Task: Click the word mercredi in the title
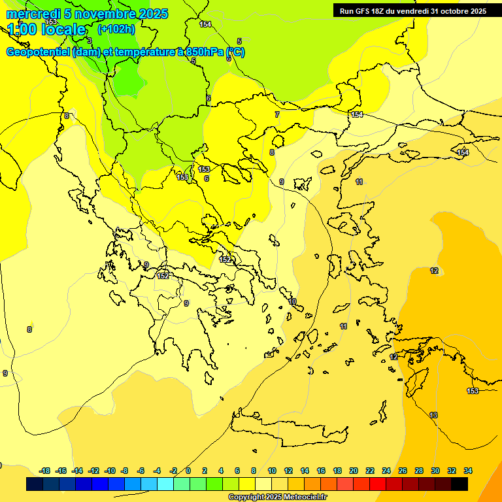click(32, 14)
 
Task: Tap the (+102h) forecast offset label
click(116, 29)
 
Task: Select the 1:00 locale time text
click(46, 29)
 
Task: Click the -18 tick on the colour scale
click(44, 471)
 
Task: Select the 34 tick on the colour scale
click(468, 471)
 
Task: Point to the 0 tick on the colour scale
click(188, 471)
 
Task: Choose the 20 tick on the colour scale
click(354, 471)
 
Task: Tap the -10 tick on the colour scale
click(109, 471)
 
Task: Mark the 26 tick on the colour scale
click(403, 471)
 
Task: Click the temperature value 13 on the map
click(433, 415)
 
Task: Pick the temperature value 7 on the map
click(276, 114)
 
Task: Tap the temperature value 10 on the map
click(293, 301)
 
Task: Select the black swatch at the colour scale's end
click(460, 484)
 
